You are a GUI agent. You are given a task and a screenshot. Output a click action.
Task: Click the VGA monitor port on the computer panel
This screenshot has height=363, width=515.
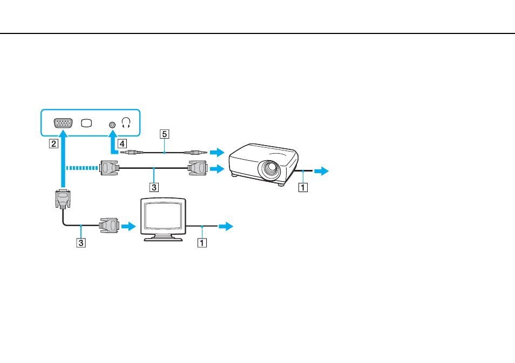tap(63, 123)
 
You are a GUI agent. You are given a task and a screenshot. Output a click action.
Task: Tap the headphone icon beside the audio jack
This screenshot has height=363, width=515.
tap(126, 123)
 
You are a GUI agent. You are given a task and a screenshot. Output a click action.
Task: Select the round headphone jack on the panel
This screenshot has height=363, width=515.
tap(112, 125)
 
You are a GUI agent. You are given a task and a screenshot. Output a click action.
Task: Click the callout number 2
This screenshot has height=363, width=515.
tap(53, 143)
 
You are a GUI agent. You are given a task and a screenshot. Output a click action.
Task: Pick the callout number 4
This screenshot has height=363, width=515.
tap(122, 143)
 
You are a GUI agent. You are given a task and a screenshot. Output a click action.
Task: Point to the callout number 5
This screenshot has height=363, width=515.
tap(165, 134)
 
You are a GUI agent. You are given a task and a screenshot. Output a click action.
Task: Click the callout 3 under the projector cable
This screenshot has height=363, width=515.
tap(154, 187)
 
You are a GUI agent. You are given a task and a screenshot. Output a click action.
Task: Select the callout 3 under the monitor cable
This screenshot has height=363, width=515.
tap(81, 243)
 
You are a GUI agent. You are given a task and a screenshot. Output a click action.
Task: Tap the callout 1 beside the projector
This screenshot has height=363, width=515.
tap(303, 187)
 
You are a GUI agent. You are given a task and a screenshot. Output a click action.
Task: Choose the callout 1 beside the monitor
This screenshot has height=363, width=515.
tap(202, 243)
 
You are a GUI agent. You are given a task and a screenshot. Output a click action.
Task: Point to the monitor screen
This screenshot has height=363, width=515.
tap(163, 215)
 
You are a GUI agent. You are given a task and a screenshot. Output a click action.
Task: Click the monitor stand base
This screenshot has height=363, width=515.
tap(163, 238)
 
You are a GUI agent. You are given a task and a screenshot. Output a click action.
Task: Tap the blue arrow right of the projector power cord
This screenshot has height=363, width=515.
tap(322, 171)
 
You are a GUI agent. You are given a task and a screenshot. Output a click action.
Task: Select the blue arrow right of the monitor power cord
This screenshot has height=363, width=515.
tap(226, 226)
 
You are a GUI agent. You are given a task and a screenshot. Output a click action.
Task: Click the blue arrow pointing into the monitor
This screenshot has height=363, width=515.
tap(128, 226)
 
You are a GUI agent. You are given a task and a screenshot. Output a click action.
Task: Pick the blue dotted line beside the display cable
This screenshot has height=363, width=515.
tap(82, 168)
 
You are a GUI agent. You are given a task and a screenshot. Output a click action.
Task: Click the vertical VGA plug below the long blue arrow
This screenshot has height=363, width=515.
tap(63, 198)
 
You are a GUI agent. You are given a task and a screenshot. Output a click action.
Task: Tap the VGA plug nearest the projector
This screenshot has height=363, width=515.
tap(197, 168)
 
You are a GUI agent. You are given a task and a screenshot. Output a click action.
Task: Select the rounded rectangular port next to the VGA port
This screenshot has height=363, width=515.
tap(86, 123)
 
